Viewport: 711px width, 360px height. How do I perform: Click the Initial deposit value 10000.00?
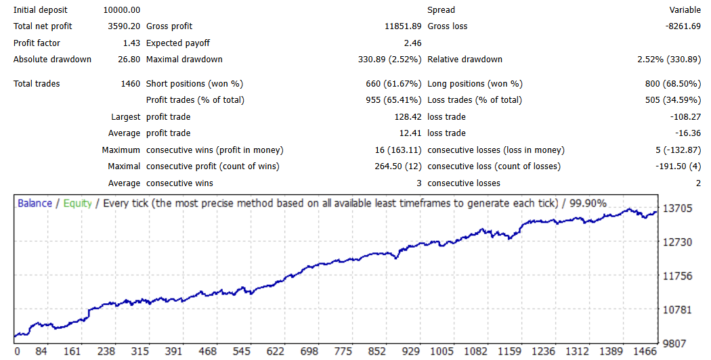[122, 10]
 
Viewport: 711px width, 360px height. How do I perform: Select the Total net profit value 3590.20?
[124, 26]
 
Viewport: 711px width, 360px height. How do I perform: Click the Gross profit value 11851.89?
[402, 26]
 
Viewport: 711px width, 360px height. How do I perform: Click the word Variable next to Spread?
[685, 10]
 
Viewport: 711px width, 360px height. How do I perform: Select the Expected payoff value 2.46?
[412, 43]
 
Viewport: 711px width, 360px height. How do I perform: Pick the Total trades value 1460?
[130, 84]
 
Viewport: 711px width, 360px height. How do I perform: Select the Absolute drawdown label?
[52, 60]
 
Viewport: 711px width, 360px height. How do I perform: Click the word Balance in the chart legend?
[35, 203]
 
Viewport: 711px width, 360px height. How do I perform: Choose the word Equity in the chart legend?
[77, 203]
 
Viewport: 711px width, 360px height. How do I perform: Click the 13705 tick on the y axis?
[677, 208]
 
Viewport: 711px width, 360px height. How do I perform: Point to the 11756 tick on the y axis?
[677, 276]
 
